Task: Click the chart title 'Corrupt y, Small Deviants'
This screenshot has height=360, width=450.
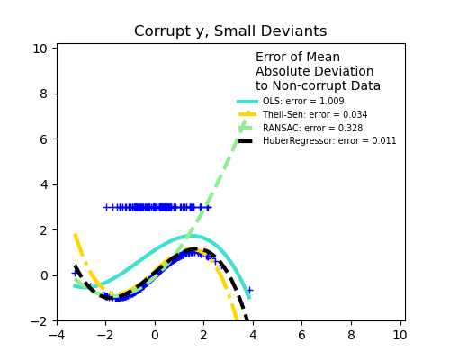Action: pyautogui.click(x=230, y=31)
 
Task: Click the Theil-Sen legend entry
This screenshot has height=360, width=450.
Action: pyautogui.click(x=314, y=115)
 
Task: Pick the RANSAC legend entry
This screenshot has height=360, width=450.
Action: pyautogui.click(x=312, y=129)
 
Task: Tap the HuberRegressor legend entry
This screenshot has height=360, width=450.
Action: pyautogui.click(x=328, y=141)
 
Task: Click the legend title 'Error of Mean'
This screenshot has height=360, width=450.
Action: pyautogui.click(x=298, y=58)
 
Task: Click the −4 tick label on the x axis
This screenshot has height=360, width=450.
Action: pyautogui.click(x=57, y=336)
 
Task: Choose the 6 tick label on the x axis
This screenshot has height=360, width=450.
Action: pyautogui.click(x=301, y=336)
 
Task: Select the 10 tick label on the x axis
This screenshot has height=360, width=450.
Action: pyautogui.click(x=400, y=336)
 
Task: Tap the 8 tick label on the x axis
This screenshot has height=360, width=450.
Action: pyautogui.click(x=351, y=336)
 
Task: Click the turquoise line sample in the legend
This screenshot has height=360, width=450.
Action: pyautogui.click(x=247, y=102)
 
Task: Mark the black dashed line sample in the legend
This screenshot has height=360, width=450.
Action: pyautogui.click(x=247, y=141)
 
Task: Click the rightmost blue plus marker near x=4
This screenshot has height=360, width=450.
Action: pyautogui.click(x=249, y=290)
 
